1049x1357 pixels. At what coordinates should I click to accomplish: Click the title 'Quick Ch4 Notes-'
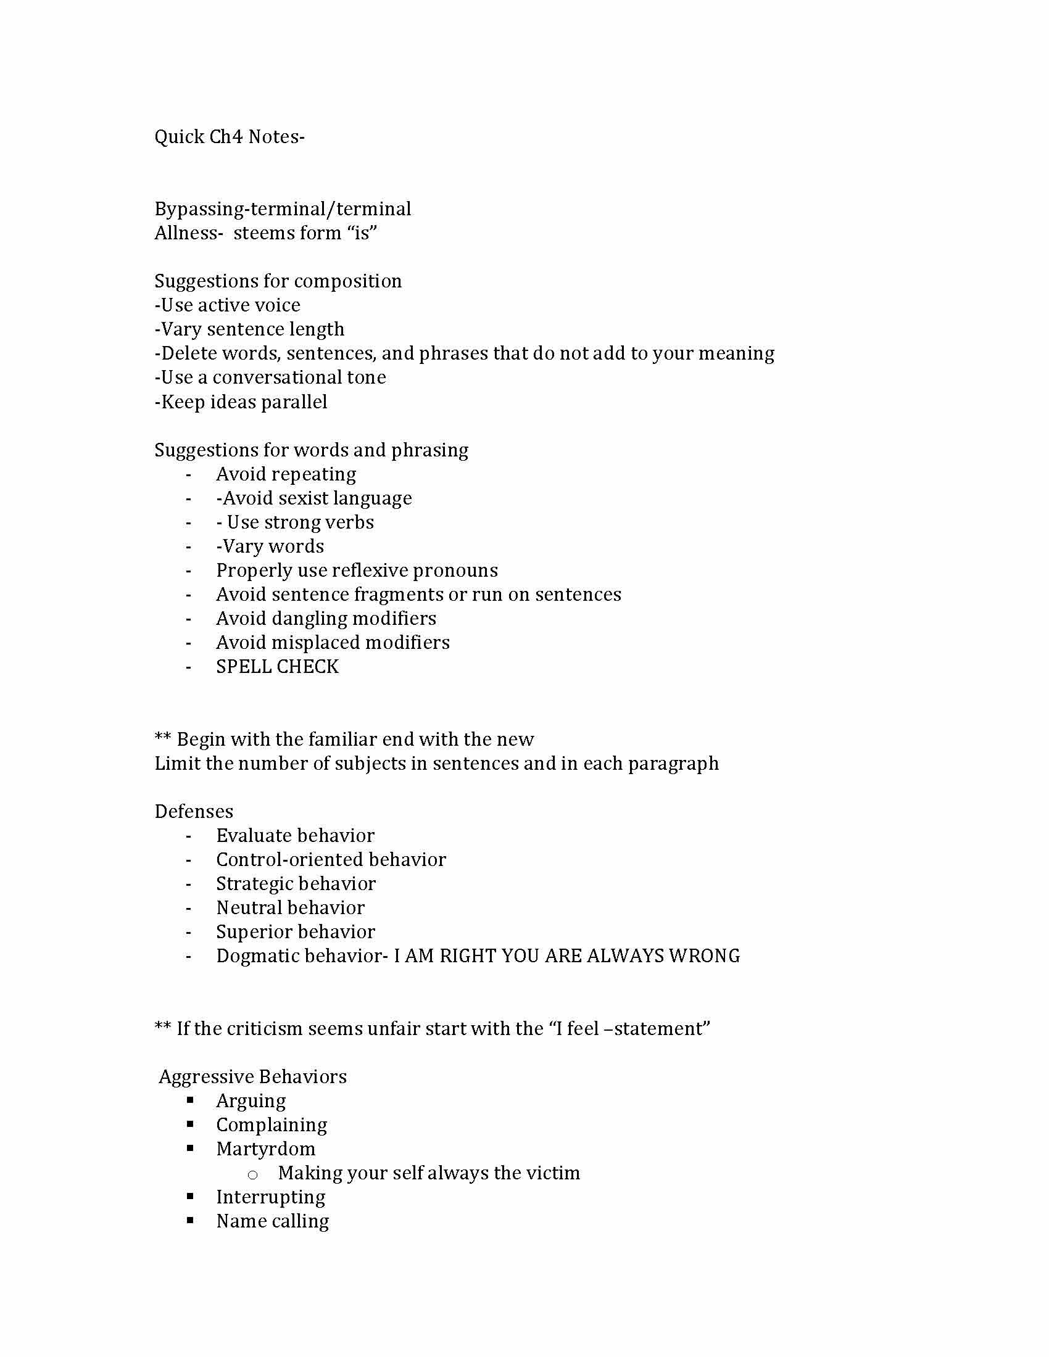230,137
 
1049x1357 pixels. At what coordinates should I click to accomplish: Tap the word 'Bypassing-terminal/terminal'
283,208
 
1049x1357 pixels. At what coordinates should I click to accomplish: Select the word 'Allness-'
189,233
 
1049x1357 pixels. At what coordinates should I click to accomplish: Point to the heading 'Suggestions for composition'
278,281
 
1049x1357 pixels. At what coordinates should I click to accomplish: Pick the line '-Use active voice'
228,305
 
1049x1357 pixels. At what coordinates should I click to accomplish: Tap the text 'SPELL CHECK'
277,667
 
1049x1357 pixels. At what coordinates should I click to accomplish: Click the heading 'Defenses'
194,812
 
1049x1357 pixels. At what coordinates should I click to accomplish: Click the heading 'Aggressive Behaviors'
253,1077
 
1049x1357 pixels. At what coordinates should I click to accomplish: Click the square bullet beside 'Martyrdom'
190,1149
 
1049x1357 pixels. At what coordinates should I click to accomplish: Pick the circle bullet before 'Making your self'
252,1174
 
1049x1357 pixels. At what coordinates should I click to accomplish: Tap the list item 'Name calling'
272,1221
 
